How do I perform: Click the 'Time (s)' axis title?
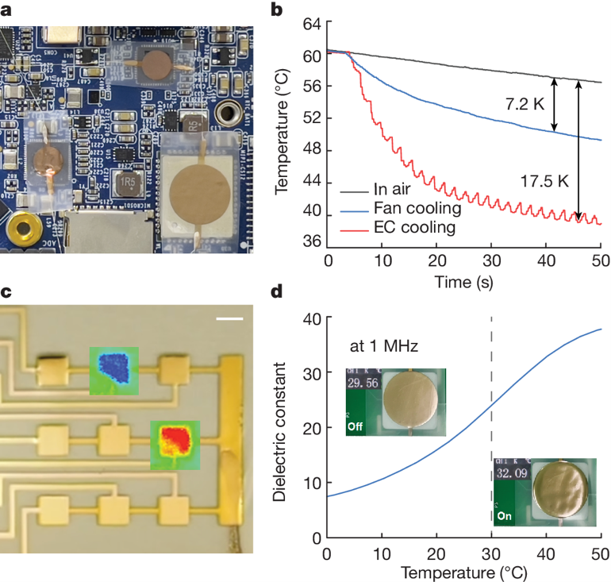[463, 281]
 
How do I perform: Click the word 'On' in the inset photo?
[504, 515]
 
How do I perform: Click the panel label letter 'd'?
[278, 291]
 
